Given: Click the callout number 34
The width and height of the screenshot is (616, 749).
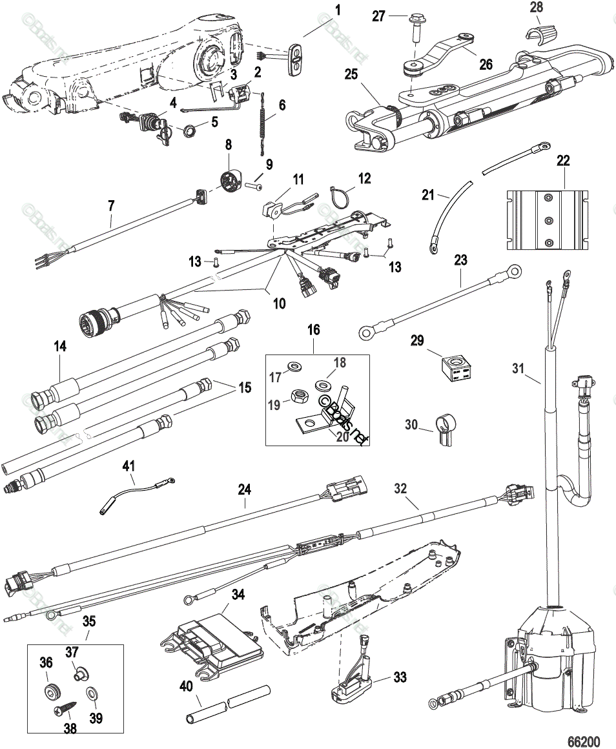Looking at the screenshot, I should coord(238,593).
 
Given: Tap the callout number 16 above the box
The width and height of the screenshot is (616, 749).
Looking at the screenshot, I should coord(313,329).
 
